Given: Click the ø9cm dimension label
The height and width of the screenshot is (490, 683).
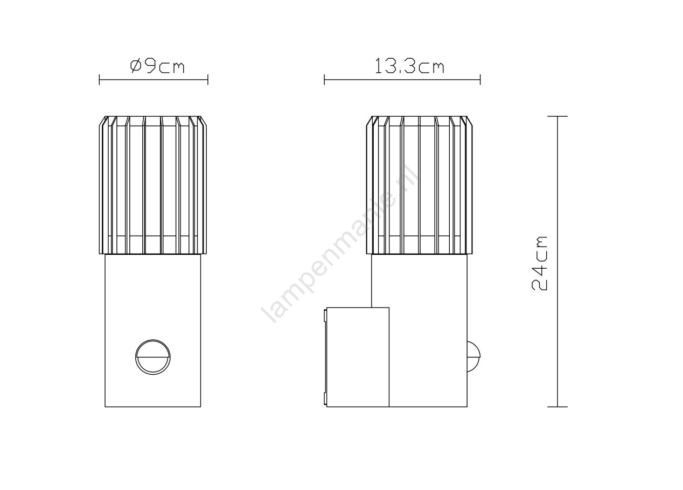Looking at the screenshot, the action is click(157, 66).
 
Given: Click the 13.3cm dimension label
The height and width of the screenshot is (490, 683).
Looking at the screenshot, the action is click(409, 66).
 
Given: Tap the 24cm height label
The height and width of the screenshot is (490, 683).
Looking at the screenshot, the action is click(539, 263).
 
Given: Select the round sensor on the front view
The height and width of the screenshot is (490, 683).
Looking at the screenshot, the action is click(153, 357).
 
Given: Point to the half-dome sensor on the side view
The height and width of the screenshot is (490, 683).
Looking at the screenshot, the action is click(473, 356).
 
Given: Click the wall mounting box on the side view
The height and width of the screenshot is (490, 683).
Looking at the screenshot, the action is click(357, 357).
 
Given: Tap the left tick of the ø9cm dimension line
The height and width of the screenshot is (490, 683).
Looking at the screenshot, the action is click(100, 80).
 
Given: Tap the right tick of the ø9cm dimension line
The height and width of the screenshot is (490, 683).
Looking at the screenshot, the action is click(208, 80).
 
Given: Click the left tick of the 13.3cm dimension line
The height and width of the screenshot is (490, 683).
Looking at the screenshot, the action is click(324, 80).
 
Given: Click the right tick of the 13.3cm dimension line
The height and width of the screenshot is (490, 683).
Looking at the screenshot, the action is click(480, 80).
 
